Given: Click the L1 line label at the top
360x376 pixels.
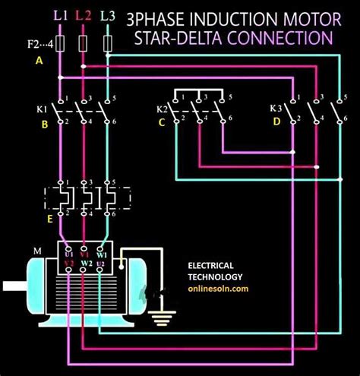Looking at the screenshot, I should (x=61, y=15).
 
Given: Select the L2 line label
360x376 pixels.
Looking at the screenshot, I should (x=85, y=15).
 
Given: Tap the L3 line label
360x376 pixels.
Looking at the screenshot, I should (x=109, y=15).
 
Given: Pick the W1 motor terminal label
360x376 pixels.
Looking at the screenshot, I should (x=112, y=254).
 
